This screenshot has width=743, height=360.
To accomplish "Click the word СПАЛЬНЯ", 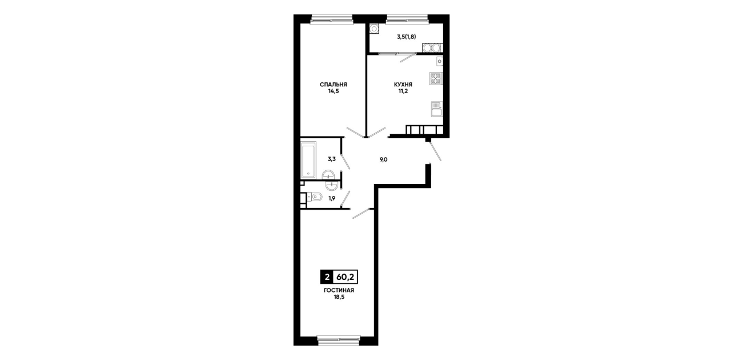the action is click(334, 85).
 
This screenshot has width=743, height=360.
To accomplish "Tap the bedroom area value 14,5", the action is click(334, 91).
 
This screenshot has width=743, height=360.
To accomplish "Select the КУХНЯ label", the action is click(403, 85).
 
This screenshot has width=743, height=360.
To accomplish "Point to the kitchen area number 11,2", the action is click(403, 91).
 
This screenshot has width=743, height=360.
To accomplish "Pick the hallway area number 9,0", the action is click(383, 159).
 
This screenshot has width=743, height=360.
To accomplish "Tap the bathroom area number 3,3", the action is click(332, 159).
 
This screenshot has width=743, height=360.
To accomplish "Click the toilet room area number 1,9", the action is click(332, 198).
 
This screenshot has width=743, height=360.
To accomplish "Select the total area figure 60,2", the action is click(345, 277).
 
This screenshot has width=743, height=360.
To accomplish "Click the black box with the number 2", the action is click(327, 277).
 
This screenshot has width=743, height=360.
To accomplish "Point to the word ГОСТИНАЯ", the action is click(339, 290).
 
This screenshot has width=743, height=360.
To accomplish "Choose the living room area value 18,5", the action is click(339, 297).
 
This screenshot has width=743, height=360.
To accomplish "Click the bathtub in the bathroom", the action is click(308, 160).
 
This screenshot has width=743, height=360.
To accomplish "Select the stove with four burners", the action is click(436, 79).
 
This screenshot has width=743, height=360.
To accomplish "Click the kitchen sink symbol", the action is click(437, 109).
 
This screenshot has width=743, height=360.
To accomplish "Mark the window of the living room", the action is click(339, 339).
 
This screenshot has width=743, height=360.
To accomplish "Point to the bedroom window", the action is click(331, 19).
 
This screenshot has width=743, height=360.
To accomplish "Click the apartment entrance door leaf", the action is click(435, 151).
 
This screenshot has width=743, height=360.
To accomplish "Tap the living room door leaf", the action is click(361, 213).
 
